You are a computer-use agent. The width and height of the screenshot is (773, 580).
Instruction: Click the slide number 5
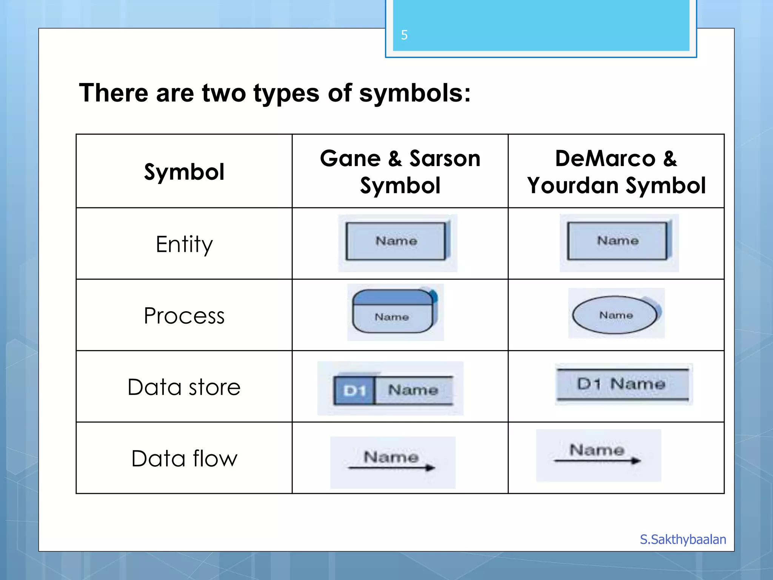click(404, 35)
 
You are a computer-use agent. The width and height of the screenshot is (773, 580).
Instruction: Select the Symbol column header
click(184, 172)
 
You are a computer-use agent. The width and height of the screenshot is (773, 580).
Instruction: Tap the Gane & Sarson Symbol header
click(400, 172)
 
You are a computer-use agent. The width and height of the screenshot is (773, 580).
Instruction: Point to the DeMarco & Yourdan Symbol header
click(616, 172)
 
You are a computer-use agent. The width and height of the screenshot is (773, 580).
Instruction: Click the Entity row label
click(184, 244)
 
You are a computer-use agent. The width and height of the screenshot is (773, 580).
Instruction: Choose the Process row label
click(184, 316)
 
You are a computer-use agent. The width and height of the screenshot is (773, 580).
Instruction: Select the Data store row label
click(184, 387)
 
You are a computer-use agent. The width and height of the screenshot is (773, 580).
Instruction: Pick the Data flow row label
click(184, 458)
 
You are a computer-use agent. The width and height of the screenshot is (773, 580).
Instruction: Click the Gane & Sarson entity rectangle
click(396, 241)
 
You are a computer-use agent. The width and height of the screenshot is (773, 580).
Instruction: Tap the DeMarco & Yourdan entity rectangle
click(617, 241)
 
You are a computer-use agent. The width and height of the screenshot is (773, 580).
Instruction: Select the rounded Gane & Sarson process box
click(393, 312)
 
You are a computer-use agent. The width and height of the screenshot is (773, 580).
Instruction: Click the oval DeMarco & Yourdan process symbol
click(615, 315)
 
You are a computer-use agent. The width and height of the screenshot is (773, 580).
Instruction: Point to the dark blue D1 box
click(354, 390)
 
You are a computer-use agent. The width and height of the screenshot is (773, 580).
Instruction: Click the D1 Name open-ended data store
click(622, 384)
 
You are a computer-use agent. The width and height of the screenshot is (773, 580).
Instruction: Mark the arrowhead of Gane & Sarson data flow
click(430, 468)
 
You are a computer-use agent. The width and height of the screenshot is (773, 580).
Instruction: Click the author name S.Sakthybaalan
click(683, 539)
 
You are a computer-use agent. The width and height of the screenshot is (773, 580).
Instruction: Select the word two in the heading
click(224, 93)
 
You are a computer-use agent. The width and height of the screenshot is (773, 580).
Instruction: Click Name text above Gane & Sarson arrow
click(391, 457)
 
